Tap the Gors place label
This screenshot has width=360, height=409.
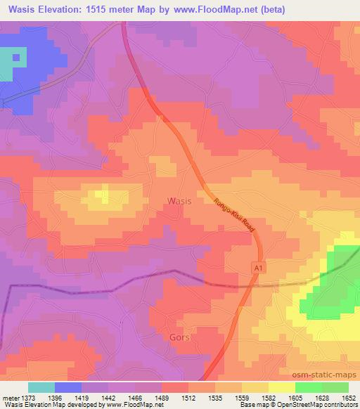180,337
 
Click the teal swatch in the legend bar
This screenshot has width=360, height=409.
41,387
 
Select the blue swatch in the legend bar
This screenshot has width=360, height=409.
68,387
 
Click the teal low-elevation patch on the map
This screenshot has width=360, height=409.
11,65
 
